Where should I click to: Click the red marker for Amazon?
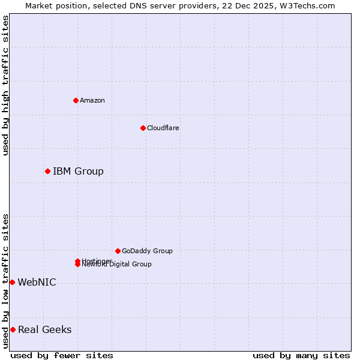76,100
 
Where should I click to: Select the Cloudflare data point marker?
143,128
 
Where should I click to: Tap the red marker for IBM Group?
47,172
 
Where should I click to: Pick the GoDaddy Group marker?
118,251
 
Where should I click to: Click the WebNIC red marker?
12,282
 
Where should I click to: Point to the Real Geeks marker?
13,329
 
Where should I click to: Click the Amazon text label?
92,100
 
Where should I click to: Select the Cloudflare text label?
163,128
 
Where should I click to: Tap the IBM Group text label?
78,172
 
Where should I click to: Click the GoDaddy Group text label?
147,251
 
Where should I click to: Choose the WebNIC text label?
37,282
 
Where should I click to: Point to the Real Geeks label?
44,329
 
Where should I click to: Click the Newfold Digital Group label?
118,265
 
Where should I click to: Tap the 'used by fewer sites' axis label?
62,355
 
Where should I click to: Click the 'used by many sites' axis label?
301,355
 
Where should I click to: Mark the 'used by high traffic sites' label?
5,85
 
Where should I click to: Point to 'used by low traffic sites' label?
5,281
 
